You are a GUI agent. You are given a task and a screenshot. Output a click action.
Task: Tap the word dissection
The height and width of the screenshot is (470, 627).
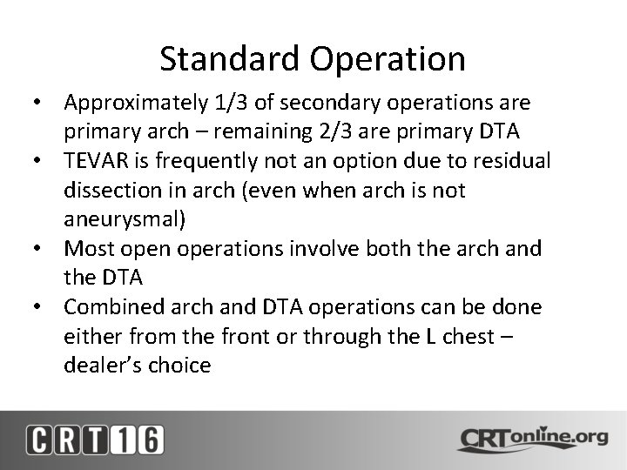107,191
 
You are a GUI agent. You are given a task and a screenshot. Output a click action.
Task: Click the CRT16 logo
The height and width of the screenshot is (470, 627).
94,440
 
